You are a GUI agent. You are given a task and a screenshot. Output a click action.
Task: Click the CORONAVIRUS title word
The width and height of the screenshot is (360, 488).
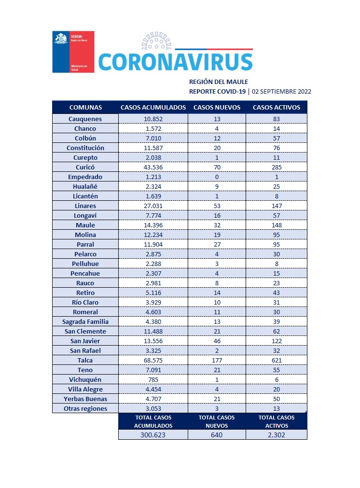pyautogui.click(x=175, y=62)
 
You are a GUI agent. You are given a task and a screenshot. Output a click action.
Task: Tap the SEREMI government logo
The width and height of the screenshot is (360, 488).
pyautogui.click(x=73, y=52)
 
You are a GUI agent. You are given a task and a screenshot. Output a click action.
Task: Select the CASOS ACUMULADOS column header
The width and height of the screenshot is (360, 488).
pyautogui.click(x=153, y=107)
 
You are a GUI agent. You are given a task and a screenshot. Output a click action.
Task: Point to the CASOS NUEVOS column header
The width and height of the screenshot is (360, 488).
pyautogui.click(x=217, y=107)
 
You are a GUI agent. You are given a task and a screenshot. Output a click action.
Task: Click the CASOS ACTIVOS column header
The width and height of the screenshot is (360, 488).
pyautogui.click(x=277, y=107)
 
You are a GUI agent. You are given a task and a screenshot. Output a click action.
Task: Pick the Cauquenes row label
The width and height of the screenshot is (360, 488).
pyautogui.click(x=85, y=119)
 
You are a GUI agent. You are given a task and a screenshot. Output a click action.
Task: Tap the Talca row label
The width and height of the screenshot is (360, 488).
pyautogui.click(x=85, y=360)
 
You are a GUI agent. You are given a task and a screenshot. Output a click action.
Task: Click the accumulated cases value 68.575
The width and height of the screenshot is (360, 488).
pyautogui.click(x=153, y=360)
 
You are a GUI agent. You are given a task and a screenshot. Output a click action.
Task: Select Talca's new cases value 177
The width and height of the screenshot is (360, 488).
pyautogui.click(x=217, y=360)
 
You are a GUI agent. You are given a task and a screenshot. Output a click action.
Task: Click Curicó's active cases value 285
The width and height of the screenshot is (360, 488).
pyautogui.click(x=277, y=167)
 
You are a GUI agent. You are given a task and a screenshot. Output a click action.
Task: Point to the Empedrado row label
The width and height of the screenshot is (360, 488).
pyautogui.click(x=85, y=177)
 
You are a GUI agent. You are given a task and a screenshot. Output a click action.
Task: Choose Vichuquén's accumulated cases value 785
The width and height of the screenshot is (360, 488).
pyautogui.click(x=153, y=379)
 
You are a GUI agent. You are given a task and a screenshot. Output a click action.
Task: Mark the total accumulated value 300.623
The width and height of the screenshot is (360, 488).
pyautogui.click(x=153, y=434)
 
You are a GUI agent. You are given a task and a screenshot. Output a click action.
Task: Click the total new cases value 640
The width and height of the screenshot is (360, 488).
pyautogui.click(x=217, y=434)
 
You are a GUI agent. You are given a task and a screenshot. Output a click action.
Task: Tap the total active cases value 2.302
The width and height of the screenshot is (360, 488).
pyautogui.click(x=277, y=434)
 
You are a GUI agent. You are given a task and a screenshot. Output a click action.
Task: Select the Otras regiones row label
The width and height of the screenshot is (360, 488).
pyautogui.click(x=85, y=408)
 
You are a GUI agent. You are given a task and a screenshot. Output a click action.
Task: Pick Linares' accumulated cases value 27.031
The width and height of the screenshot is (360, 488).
pyautogui.click(x=153, y=206)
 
